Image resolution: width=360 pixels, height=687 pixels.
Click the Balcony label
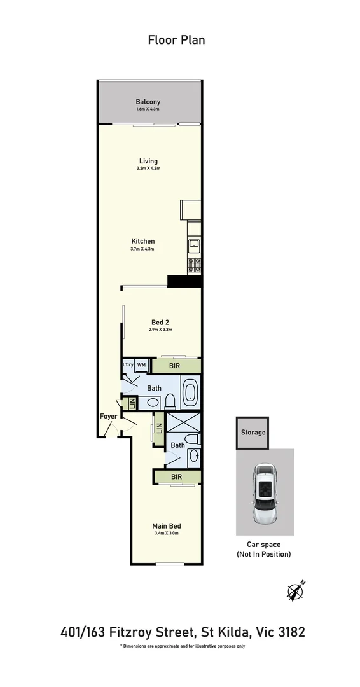point(148,102)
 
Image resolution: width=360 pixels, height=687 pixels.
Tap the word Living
point(148,161)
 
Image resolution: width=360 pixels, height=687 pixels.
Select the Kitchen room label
point(143,241)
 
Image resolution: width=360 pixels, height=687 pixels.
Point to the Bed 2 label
point(160,322)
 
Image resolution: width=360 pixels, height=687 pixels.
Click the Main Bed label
point(167,525)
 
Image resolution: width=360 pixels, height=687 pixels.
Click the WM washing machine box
point(141,364)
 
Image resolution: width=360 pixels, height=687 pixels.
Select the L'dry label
point(128,364)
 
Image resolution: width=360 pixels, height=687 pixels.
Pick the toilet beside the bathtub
point(170,401)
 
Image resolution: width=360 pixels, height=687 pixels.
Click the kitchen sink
point(194,245)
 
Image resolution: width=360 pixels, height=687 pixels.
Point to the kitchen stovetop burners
point(194,263)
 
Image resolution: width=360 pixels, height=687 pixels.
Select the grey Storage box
point(253,433)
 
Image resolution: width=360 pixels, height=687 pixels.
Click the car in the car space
point(265,493)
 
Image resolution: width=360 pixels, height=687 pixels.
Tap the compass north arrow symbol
point(296,591)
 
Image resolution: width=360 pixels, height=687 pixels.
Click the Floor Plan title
point(176,40)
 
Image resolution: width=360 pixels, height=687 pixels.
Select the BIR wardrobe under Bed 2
point(176,366)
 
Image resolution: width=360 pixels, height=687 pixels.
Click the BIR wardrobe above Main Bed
point(177,476)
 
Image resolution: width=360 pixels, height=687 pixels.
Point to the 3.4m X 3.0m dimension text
point(167,534)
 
